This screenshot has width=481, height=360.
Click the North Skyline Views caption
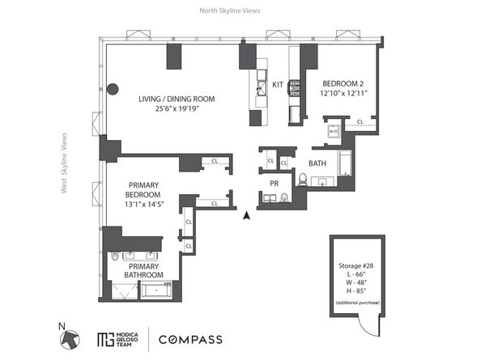230,11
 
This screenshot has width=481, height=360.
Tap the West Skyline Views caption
64,163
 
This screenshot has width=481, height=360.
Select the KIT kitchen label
278,85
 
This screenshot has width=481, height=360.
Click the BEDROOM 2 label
343,83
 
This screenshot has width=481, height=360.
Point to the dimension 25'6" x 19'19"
177,108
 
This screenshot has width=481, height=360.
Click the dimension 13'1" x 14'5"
144,204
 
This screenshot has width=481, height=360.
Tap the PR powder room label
275,183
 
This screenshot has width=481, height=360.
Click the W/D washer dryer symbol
333,131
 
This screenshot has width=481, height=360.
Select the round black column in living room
113,89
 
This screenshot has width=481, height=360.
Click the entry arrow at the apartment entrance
246,215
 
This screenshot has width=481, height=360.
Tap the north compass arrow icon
70,340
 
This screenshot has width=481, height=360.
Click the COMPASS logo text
190,340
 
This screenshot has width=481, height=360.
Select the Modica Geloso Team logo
117,340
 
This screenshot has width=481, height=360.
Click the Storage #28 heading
355,265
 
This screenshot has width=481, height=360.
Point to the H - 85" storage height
356,290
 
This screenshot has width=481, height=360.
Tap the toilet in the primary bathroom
115,256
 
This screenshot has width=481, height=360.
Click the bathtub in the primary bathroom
156,290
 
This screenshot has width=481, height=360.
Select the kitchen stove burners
294,87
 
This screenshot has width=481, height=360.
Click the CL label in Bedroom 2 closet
360,121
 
